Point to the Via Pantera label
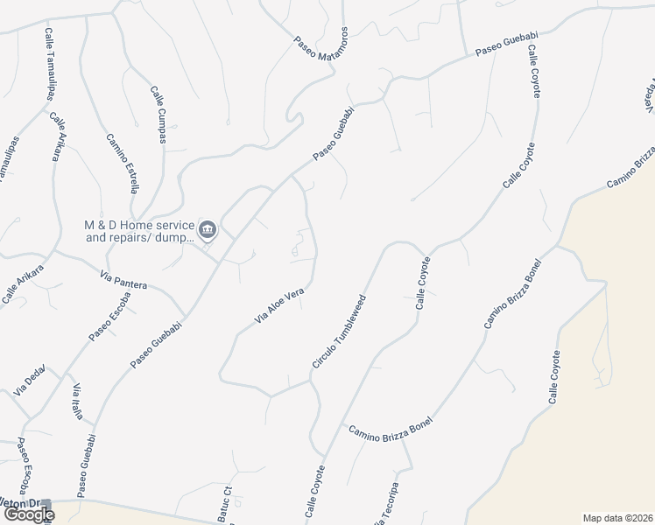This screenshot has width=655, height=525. (123, 282)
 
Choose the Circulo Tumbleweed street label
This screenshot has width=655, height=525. (338, 331)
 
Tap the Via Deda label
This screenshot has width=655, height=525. (30, 382)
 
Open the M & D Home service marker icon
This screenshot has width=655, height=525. (208, 231)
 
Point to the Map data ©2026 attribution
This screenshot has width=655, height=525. (617, 517)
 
